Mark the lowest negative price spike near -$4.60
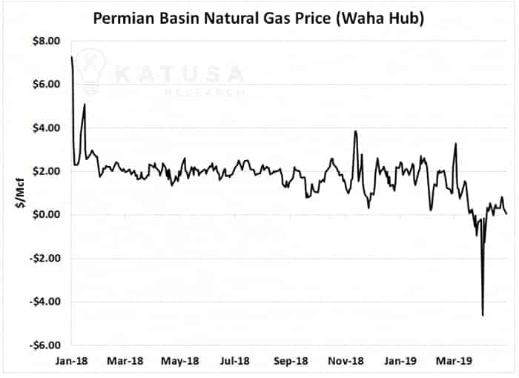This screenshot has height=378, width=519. [483, 315]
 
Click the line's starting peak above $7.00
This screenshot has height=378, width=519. [72, 57]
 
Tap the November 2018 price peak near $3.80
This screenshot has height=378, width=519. [356, 132]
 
